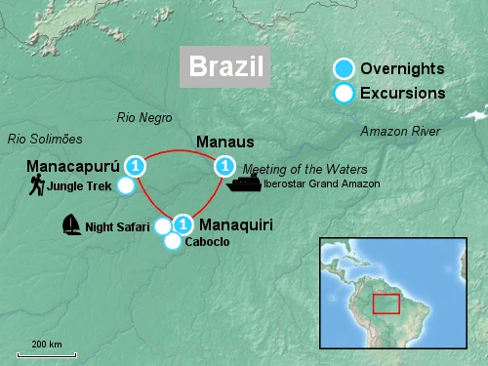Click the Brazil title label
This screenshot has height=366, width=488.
(x=225, y=66)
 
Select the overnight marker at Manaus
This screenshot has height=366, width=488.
(x=224, y=165)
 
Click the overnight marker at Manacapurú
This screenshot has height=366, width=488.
(x=136, y=165)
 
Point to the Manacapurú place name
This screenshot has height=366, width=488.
(x=73, y=164)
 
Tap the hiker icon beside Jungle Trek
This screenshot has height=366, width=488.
(x=36, y=185)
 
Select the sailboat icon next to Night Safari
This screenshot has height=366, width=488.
(x=71, y=225)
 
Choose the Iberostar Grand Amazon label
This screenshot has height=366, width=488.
(x=312, y=183)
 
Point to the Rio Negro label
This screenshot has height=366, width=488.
(x=144, y=117)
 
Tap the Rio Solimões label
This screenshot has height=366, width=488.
(x=45, y=139)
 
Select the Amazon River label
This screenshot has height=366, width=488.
(x=400, y=131)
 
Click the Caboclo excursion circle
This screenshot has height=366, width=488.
(x=172, y=241)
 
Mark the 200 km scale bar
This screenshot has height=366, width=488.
(x=46, y=353)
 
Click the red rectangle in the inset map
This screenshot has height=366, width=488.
(x=386, y=304)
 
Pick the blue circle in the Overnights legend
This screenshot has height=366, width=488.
(x=343, y=69)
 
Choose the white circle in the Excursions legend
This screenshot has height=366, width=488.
(x=343, y=94)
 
